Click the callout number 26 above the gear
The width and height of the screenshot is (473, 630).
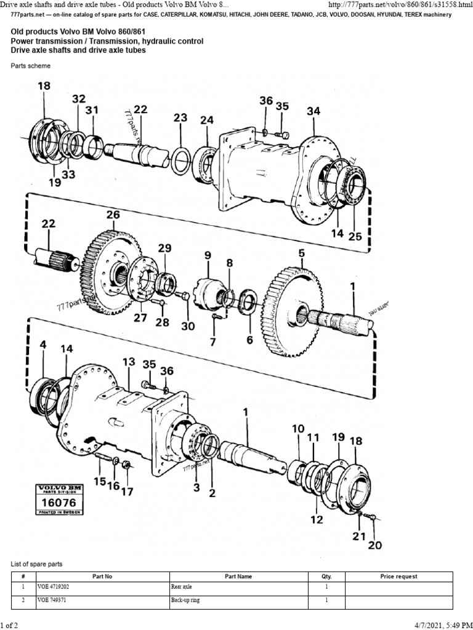(113, 215)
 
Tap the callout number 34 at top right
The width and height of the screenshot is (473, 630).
(313, 111)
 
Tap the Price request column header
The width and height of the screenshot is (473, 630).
(398, 576)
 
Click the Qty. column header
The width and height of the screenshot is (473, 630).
(326, 576)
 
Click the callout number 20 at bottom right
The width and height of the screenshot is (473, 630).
(374, 545)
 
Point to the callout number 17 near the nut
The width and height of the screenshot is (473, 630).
(127, 491)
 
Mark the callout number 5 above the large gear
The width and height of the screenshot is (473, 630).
(302, 253)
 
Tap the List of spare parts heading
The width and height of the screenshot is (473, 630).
(37, 564)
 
